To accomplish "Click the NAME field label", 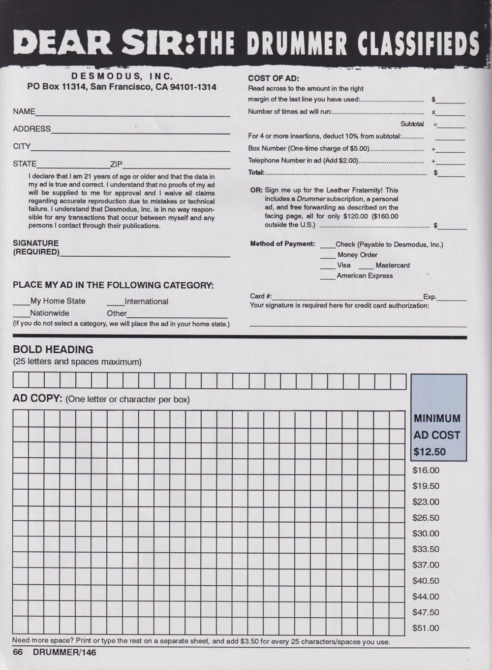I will point(24,112).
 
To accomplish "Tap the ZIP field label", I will point(116,164).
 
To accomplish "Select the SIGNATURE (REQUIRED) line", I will point(145,255).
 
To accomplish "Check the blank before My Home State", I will point(21,302).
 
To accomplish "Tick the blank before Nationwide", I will point(21,314).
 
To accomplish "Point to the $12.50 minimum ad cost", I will point(430,452).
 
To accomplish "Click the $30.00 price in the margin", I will point(426,534).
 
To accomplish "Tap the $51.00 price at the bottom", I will point(426,628).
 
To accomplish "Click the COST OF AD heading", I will point(274,78).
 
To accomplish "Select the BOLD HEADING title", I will point(53,350).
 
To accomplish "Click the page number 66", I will point(18,652).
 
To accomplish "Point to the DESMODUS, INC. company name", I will point(122,76).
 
